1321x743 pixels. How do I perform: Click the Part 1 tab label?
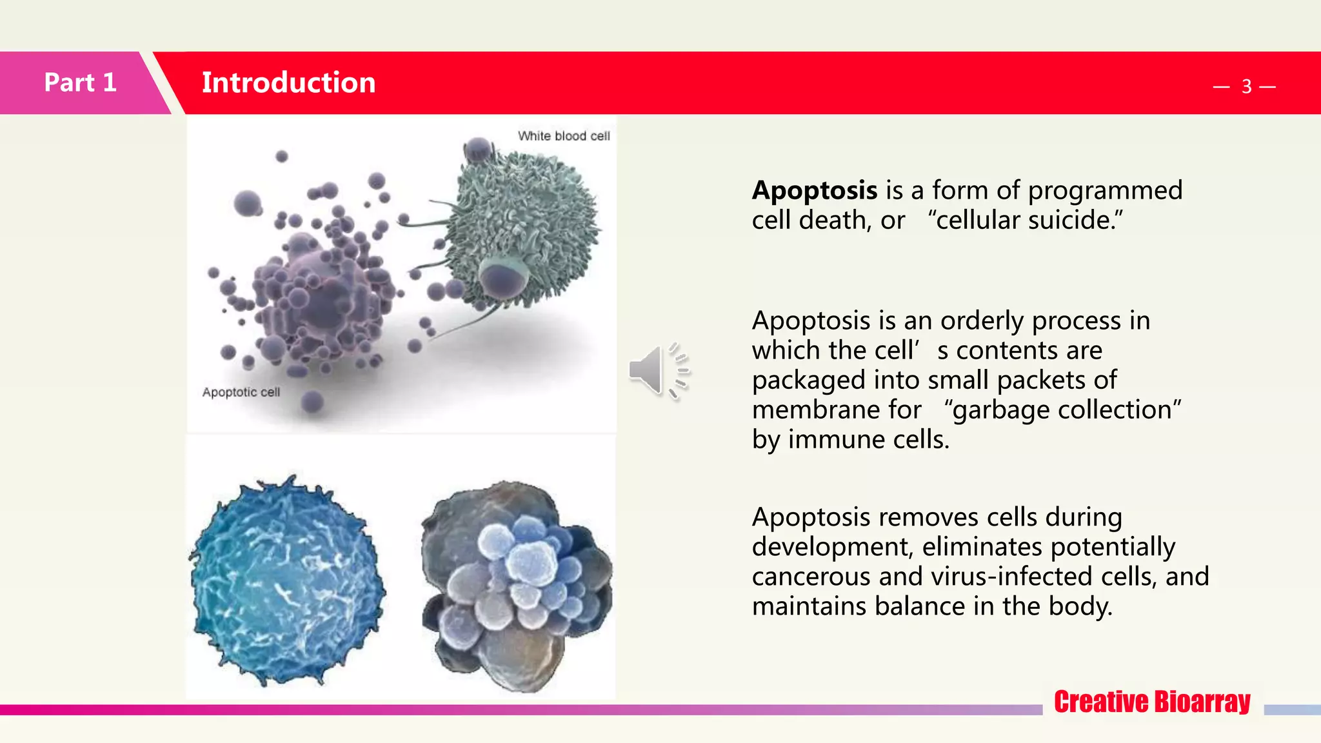point(80,83)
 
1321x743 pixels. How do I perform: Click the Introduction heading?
point(288,83)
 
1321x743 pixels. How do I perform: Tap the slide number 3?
point(1246,86)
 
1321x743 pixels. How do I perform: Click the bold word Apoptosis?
point(814,190)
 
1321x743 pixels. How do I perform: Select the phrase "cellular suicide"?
point(1025,221)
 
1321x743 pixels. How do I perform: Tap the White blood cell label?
point(563,136)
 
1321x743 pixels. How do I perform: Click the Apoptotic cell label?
point(241,392)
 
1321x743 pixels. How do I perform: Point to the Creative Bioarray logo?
point(1152,702)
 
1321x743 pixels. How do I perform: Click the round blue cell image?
point(287,580)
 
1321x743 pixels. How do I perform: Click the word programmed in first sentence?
point(1105,190)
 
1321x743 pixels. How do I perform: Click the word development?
point(829,547)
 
